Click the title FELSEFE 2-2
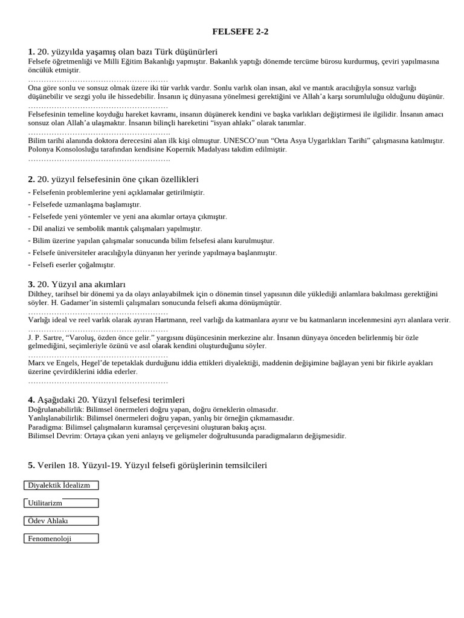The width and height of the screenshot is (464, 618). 240,32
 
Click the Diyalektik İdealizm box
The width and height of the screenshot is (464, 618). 61,485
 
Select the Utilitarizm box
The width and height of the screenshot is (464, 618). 61,503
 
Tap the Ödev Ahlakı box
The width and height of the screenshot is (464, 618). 61,521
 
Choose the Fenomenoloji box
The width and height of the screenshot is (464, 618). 61,538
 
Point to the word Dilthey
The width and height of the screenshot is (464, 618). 41,294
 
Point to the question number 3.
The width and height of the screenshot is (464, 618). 31,284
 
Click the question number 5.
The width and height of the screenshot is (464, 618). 31,465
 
